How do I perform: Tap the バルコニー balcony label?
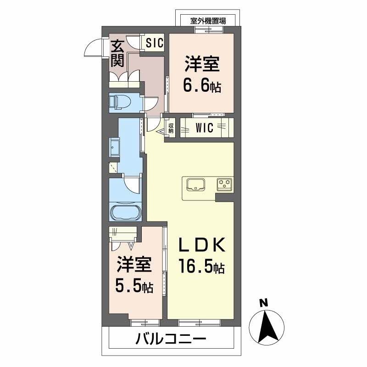click(171, 340)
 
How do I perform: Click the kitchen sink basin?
click(196, 185)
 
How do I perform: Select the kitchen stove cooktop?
click(225, 184)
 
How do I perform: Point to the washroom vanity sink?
click(114, 149)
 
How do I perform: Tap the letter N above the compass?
click(263, 303)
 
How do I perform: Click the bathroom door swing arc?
click(133, 185)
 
